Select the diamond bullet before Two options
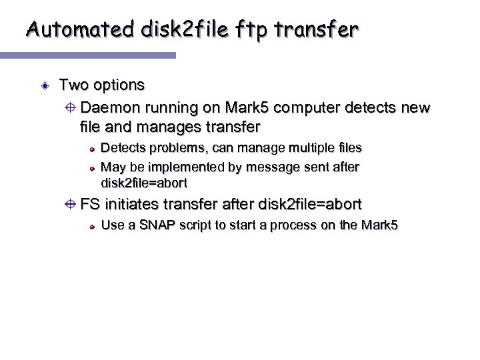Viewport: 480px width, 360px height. point(43,86)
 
